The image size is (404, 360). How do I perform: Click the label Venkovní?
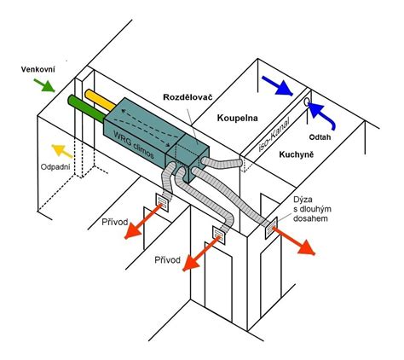tap(38, 69)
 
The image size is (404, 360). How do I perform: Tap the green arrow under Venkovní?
tap(44, 85)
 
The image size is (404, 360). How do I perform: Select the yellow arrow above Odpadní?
tap(62, 150)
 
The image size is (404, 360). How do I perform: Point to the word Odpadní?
tap(55, 166)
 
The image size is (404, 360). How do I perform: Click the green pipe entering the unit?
tap(86, 108)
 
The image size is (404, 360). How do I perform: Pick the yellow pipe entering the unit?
tap(100, 100)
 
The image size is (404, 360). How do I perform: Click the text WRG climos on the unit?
tap(134, 144)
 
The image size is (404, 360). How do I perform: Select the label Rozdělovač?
tap(188, 97)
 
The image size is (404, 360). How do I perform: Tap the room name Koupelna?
tap(238, 118)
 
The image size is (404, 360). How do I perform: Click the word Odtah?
tap(320, 137)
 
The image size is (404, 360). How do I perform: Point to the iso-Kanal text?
tap(274, 135)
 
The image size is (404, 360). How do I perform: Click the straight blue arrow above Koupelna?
tap(277, 85)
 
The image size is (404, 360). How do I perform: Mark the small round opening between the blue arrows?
tap(307, 102)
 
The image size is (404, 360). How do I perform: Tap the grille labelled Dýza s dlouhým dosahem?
tap(271, 228)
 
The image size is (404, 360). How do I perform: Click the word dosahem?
tap(310, 218)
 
